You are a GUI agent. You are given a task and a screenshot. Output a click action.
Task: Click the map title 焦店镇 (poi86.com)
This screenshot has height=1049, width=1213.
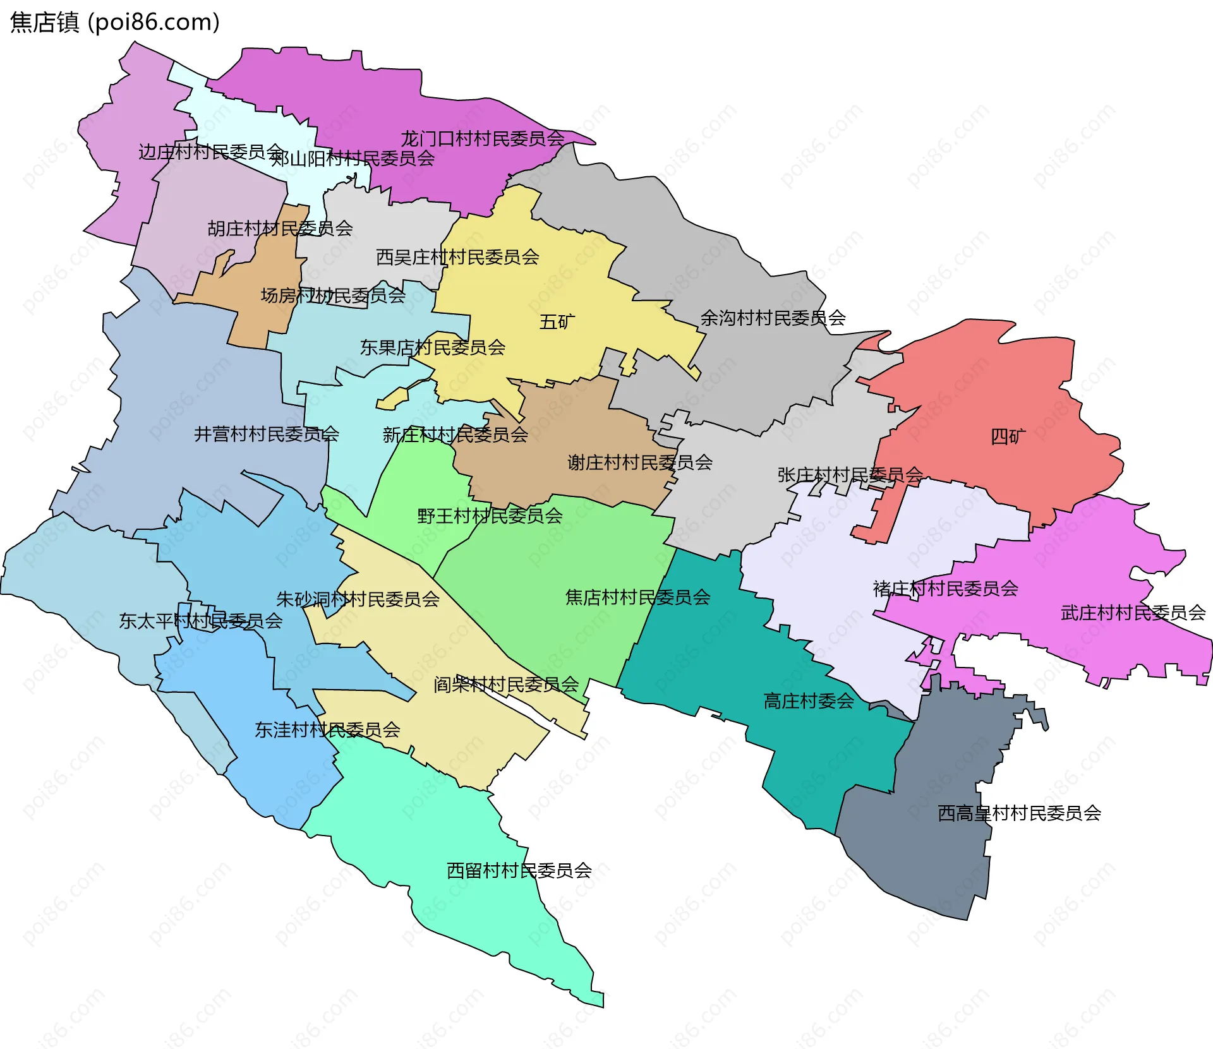point(115,22)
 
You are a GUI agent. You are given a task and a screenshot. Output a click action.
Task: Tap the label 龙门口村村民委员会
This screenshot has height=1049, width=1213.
point(482,138)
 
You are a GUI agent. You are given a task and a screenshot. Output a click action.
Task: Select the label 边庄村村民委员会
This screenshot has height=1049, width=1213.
point(211,152)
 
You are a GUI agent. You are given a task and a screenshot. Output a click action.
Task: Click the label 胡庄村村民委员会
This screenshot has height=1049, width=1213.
point(280,228)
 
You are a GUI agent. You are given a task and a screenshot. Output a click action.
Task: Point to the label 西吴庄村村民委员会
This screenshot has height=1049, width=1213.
point(457,257)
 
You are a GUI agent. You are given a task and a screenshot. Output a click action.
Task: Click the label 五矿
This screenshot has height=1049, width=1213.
point(557,322)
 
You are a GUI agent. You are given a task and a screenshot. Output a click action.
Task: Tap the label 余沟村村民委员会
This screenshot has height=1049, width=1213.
point(773,318)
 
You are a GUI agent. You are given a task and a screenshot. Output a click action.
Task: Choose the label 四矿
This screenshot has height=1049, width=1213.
point(1008,436)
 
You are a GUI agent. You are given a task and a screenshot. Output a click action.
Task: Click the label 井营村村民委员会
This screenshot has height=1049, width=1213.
point(266,434)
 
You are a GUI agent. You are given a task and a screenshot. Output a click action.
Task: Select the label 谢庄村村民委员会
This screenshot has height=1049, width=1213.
point(639,462)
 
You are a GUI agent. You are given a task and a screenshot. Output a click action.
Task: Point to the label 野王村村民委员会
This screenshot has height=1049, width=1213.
point(490,516)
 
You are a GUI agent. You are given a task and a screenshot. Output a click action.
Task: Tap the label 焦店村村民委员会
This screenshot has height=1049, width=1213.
point(637,597)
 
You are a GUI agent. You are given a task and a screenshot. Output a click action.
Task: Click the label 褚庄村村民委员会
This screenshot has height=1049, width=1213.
point(945,589)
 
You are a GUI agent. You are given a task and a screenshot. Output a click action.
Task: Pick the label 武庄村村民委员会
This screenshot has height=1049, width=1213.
point(1133,613)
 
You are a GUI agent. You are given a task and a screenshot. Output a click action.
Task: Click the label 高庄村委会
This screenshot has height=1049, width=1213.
point(809,700)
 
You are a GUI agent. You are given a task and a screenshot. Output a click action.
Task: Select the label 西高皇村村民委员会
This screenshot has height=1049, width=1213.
point(1019,813)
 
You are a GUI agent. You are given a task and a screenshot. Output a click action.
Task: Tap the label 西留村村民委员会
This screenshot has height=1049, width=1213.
point(519,870)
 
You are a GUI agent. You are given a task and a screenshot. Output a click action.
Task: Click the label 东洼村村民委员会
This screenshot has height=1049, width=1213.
point(327,730)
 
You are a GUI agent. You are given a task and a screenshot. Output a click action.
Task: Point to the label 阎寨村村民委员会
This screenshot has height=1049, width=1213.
point(505,684)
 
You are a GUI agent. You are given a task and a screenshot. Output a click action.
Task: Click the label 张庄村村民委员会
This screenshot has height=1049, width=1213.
point(850,474)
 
